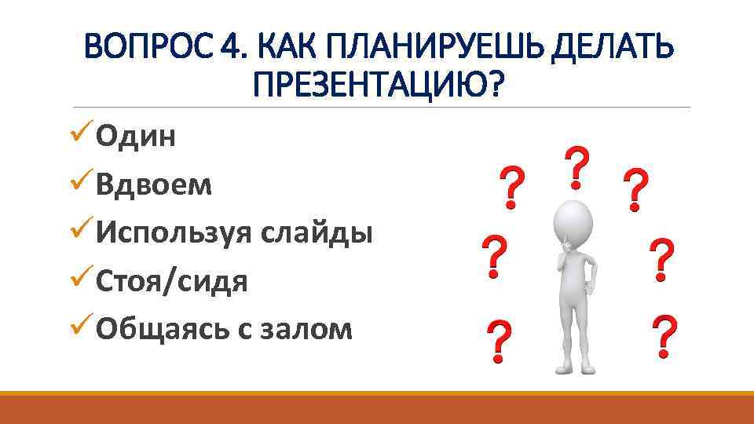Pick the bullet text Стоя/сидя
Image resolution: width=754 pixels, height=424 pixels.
pyautogui.click(x=172, y=281)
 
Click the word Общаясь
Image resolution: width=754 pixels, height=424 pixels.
pyautogui.click(x=160, y=329)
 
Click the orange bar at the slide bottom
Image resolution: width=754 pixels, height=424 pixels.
pyautogui.click(x=377, y=408)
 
